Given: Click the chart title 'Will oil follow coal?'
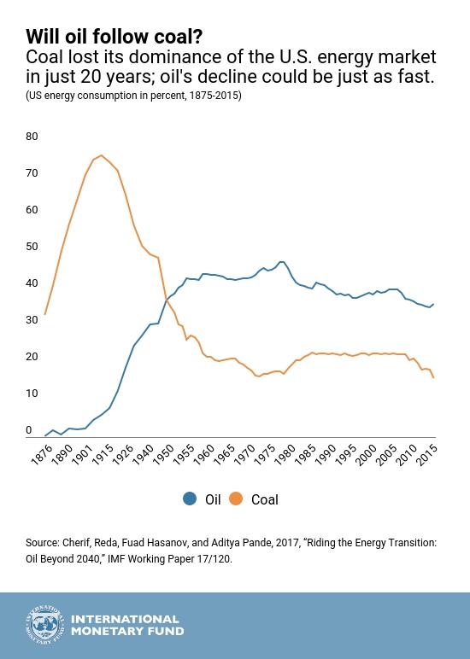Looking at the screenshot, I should [x=114, y=37].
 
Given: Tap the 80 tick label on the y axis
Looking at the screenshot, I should [x=32, y=137].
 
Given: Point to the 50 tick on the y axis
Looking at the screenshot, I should [x=32, y=247].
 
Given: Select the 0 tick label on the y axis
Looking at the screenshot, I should [x=29, y=430].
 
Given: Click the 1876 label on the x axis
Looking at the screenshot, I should [x=40, y=453].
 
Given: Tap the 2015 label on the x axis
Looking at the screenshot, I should [x=426, y=453].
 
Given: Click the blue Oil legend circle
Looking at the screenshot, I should [x=190, y=499].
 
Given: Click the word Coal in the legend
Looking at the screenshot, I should [x=264, y=500].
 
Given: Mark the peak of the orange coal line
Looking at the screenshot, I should [x=102, y=155].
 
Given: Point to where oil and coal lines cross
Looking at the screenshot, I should [x=166, y=300].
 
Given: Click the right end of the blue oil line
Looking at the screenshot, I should [x=434, y=304].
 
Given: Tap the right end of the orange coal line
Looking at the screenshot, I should [x=434, y=377].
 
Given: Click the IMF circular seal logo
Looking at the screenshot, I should [x=44, y=626].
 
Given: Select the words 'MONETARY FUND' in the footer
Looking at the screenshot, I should [x=127, y=632].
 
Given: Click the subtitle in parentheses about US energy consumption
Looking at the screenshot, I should [x=133, y=96].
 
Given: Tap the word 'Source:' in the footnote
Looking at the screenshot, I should [x=42, y=543].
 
